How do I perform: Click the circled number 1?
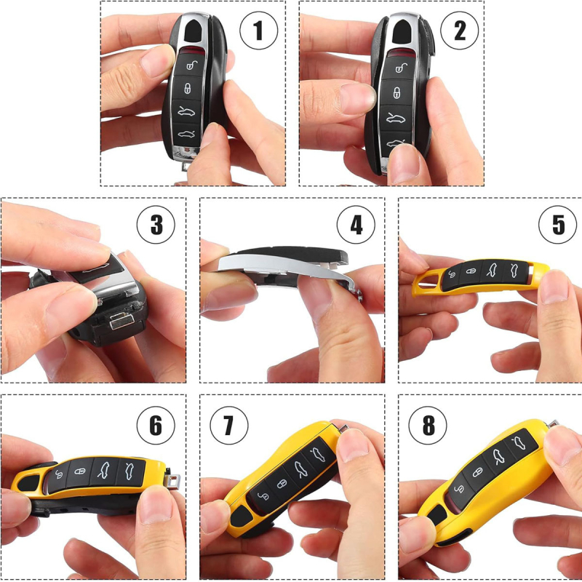pyautogui.click(x=258, y=31)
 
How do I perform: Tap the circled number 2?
pyautogui.click(x=460, y=31)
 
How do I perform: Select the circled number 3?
pyautogui.click(x=156, y=225)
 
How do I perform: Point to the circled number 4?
pyautogui.click(x=356, y=225)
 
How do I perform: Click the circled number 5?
pyautogui.click(x=557, y=225)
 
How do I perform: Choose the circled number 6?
pyautogui.click(x=156, y=426)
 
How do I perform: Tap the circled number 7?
pyautogui.click(x=228, y=426)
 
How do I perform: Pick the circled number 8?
pyautogui.click(x=428, y=426)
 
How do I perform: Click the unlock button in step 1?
pyautogui.click(x=191, y=65)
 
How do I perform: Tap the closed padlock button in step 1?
pyautogui.click(x=188, y=88)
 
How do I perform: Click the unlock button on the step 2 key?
pyautogui.click(x=400, y=68)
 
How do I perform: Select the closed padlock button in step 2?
pyautogui.click(x=397, y=92)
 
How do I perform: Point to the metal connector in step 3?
pyautogui.click(x=121, y=320)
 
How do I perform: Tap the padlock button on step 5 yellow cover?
pyautogui.click(x=471, y=271)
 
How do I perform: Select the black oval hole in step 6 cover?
pyautogui.click(x=29, y=482)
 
